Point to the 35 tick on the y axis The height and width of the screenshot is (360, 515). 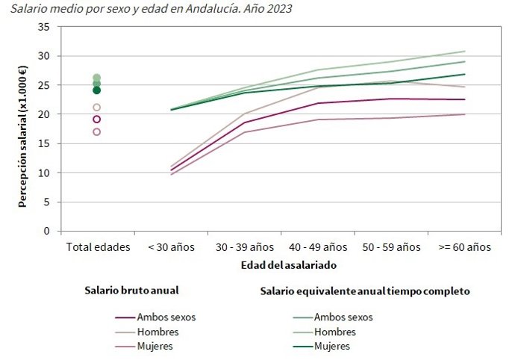(x=44, y=27)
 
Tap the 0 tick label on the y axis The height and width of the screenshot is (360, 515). (x=47, y=231)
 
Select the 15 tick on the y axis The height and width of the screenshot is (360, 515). (x=44, y=143)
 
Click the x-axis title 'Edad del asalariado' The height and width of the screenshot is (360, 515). (x=279, y=264)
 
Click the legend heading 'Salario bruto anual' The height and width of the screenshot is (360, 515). (x=131, y=291)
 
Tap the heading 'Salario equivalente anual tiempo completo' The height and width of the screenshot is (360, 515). (x=364, y=291)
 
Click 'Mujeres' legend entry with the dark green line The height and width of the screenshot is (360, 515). (x=332, y=346)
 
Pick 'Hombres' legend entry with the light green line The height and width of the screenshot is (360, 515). (x=335, y=332)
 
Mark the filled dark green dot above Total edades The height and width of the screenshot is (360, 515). (x=96, y=90)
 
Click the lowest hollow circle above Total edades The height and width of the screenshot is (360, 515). (x=96, y=132)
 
